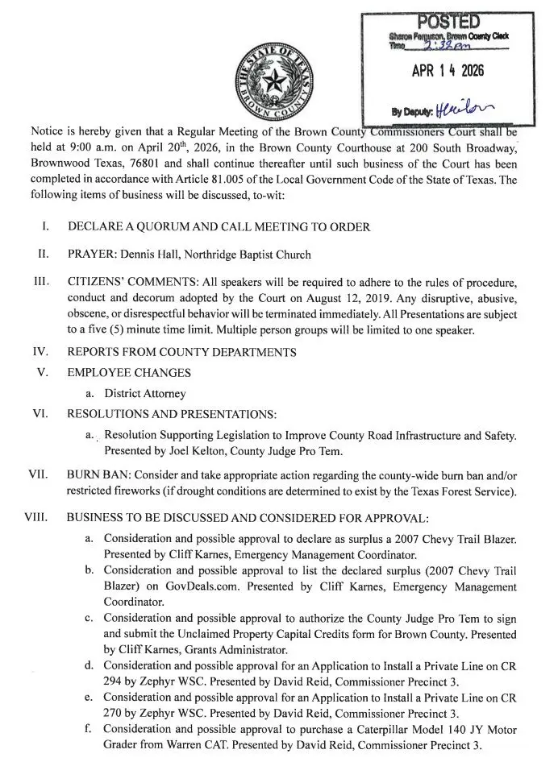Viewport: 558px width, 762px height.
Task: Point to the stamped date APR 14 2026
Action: pyautogui.click(x=448, y=72)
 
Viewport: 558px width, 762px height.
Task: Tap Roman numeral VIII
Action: pyautogui.click(x=39, y=516)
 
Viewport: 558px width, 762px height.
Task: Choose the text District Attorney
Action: pyautogui.click(x=145, y=394)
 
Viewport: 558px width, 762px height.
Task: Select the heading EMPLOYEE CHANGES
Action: pyautogui.click(x=129, y=373)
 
